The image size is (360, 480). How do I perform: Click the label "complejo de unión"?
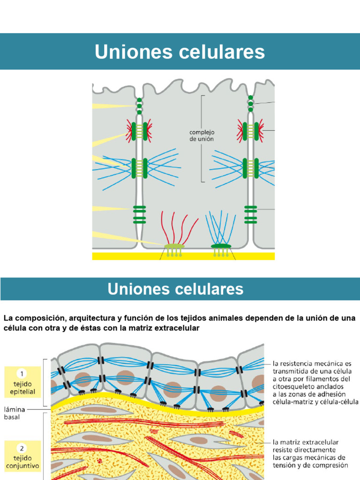pos(201,136)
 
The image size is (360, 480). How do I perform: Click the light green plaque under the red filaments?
pos(174,246)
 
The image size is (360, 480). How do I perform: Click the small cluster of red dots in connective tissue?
pos(99,461)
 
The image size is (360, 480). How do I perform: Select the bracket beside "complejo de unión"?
pos(203,138)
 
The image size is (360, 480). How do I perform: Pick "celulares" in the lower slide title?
pos(215,289)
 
